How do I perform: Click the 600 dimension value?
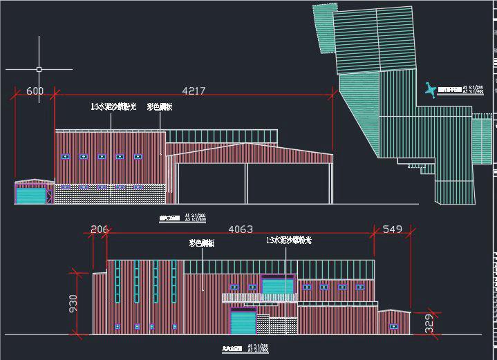click(x=35, y=91)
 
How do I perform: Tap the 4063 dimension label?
click(x=240, y=229)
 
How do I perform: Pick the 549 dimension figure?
click(x=392, y=229)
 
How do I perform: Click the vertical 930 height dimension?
click(x=73, y=304)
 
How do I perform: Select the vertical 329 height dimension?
click(x=429, y=323)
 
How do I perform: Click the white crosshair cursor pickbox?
click(x=39, y=69)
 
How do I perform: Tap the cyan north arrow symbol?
click(x=431, y=89)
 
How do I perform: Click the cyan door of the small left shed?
click(x=30, y=196)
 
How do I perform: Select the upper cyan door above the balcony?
click(x=278, y=286)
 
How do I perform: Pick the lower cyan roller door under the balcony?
click(x=243, y=323)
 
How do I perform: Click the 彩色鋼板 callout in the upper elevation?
click(x=160, y=107)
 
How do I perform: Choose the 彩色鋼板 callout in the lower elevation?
click(x=202, y=243)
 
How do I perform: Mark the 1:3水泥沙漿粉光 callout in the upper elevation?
click(x=113, y=107)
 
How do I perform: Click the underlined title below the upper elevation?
click(x=169, y=217)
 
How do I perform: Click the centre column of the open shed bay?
click(x=247, y=184)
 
